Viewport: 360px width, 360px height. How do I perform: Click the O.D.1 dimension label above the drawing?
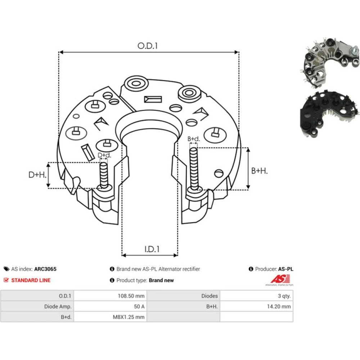(147, 46)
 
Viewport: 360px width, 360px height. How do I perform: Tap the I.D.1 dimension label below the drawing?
(152, 249)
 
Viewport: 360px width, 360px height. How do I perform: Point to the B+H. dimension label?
(260, 171)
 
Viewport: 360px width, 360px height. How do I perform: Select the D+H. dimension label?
(37, 175)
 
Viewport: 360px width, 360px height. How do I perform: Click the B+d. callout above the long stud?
(194, 139)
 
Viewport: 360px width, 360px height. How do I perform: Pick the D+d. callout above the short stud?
(104, 156)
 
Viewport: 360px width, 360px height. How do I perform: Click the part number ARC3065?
(45, 269)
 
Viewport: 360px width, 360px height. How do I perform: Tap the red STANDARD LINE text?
(31, 280)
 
